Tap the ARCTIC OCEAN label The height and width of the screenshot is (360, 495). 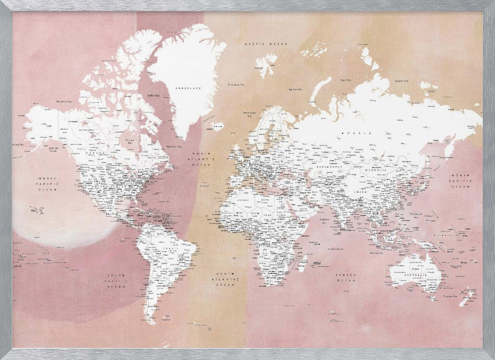(266, 45)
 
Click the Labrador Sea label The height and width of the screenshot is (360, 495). (173, 146)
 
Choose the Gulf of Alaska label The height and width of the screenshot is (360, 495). (54, 149)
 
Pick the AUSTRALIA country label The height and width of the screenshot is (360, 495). (416, 275)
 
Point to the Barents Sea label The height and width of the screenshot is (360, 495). (296, 90)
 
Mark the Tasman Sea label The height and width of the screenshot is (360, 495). (451, 296)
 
